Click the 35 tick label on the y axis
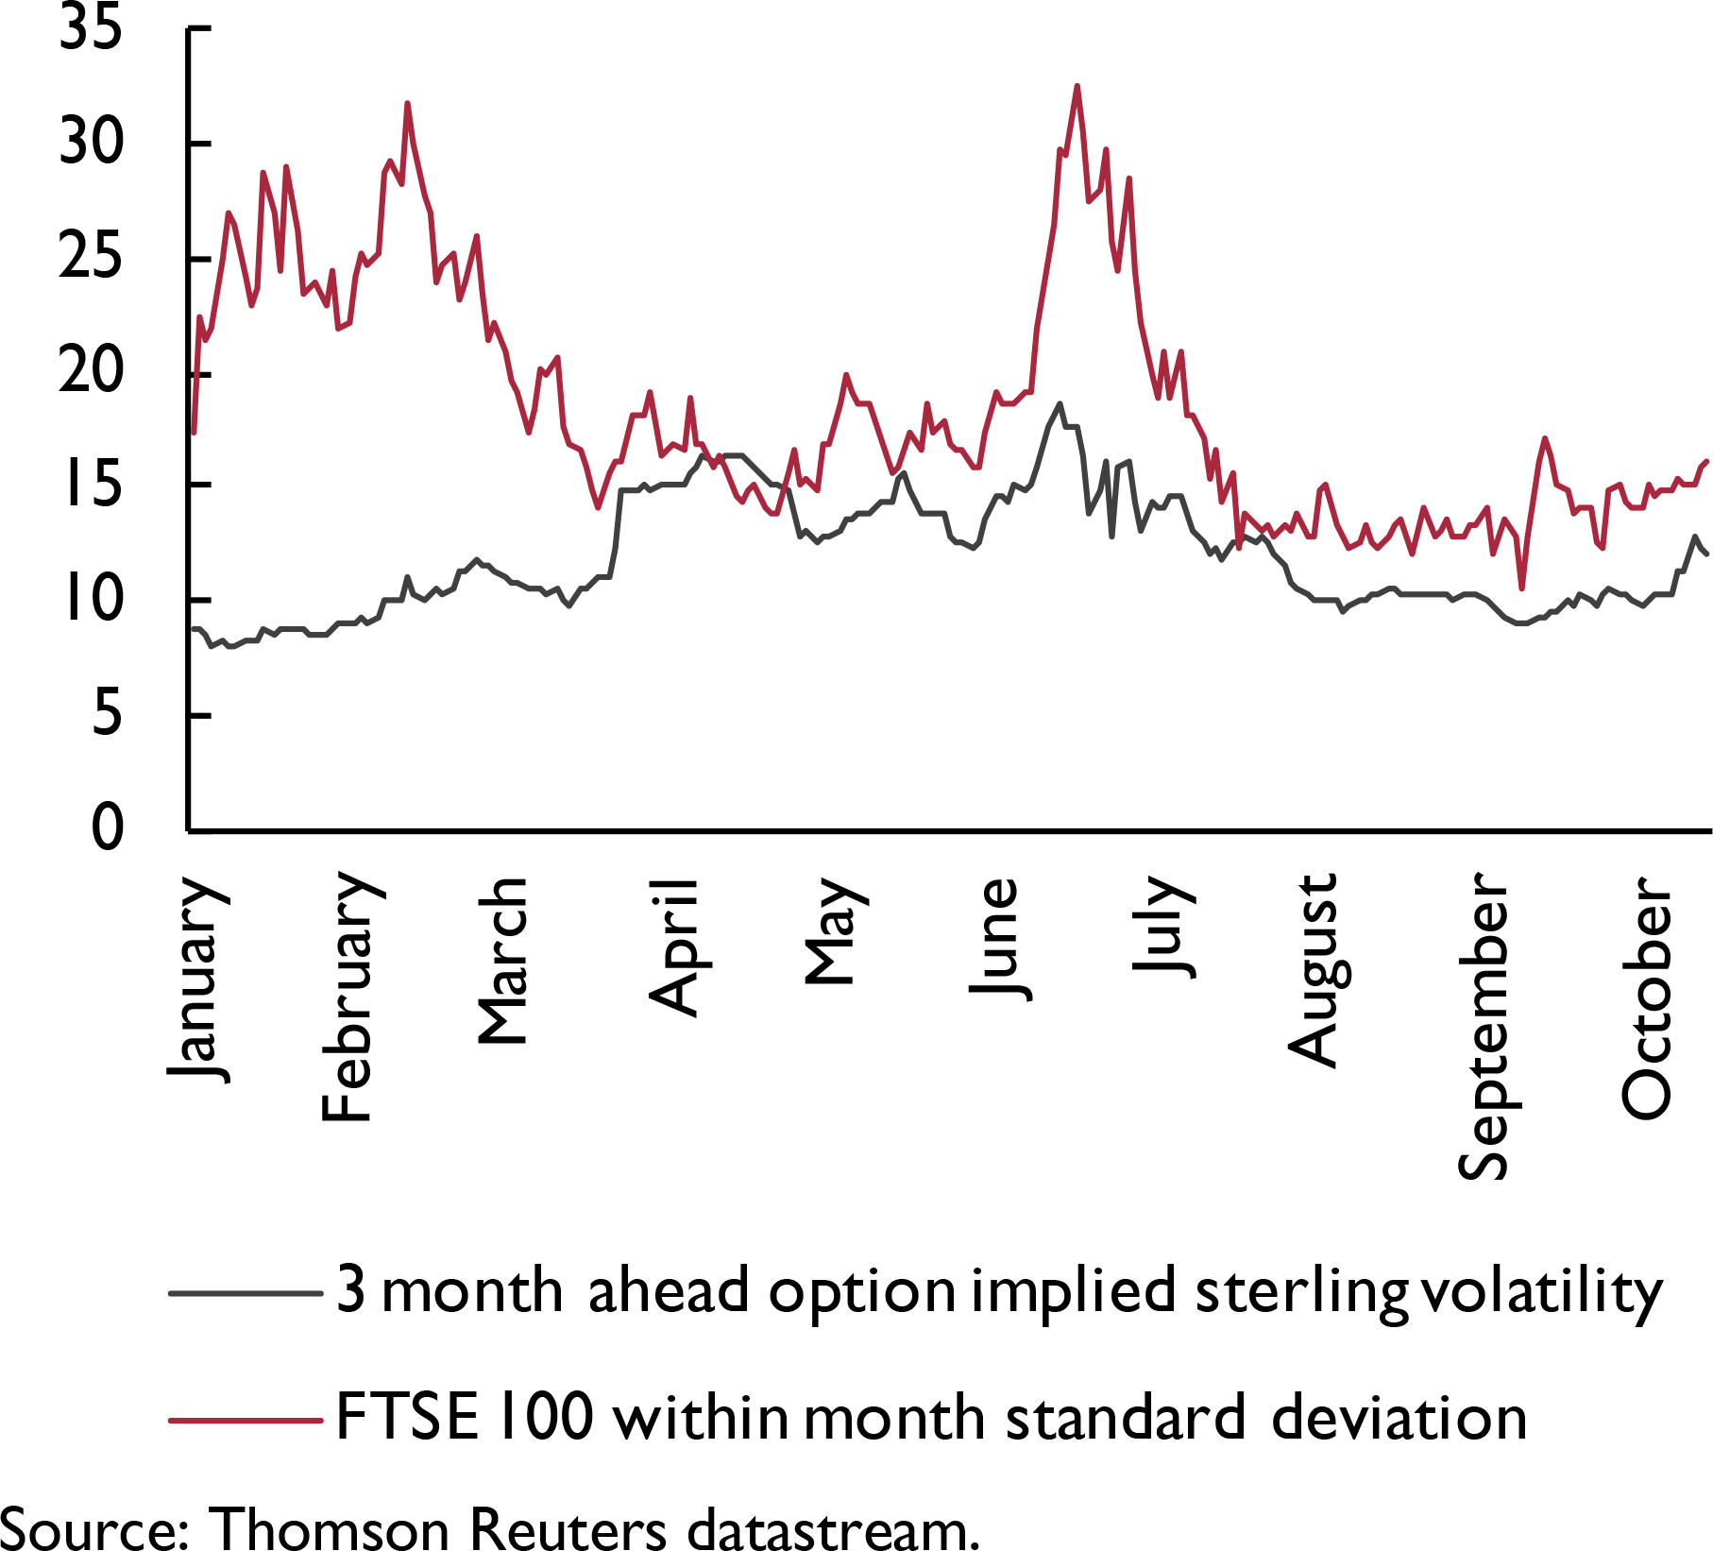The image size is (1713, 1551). tap(91, 28)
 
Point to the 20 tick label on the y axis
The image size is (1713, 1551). tap(91, 371)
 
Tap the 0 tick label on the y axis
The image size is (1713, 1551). tap(107, 828)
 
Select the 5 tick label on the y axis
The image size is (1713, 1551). tap(107, 714)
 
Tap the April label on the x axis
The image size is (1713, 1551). tap(673, 946)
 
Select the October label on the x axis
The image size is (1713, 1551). tap(1646, 997)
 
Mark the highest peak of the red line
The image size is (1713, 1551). tap(1077, 86)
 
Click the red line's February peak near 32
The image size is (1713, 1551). tap(407, 103)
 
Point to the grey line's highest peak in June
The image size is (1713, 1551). tap(1060, 403)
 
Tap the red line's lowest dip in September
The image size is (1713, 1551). tap(1521, 588)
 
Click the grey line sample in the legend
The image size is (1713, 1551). tap(246, 1293)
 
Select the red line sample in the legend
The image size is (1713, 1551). tap(246, 1419)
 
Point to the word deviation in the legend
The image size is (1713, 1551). tap(1399, 1419)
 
